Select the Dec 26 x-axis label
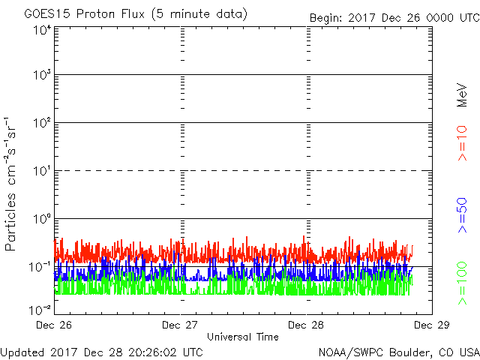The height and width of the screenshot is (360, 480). click(x=54, y=325)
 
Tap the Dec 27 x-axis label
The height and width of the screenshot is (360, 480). click(x=180, y=325)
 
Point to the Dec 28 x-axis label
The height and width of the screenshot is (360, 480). click(x=306, y=325)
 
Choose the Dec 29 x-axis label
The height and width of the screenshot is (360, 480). click(x=432, y=325)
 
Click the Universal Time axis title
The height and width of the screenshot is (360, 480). click(x=243, y=337)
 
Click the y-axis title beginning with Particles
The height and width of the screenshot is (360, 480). click(x=10, y=184)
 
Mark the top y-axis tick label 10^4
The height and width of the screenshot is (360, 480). click(x=42, y=31)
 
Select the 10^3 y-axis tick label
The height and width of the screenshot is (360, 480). click(x=42, y=75)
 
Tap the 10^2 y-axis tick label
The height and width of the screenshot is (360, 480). click(x=42, y=123)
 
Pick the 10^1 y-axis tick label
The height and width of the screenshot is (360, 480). click(x=42, y=171)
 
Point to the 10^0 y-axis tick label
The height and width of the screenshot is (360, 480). click(x=42, y=219)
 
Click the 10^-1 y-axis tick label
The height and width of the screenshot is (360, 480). click(x=40, y=267)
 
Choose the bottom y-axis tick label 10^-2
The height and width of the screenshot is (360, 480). click(x=40, y=310)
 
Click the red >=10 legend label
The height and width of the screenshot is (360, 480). click(x=462, y=143)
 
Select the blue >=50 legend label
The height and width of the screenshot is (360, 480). click(x=462, y=215)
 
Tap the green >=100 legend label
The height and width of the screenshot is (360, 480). click(x=462, y=283)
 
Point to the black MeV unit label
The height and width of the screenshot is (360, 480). click(x=462, y=95)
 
